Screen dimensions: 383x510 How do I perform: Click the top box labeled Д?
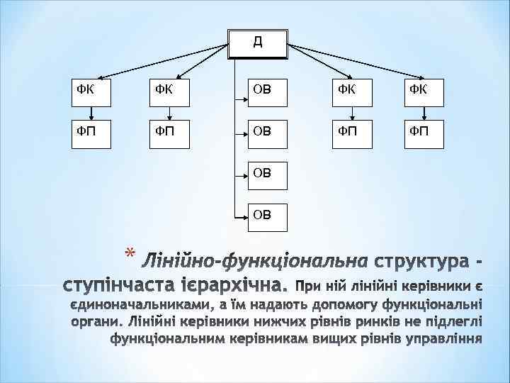(258, 43)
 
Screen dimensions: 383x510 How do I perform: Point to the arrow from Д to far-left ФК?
(156, 60)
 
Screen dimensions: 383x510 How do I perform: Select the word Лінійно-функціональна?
(254, 262)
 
